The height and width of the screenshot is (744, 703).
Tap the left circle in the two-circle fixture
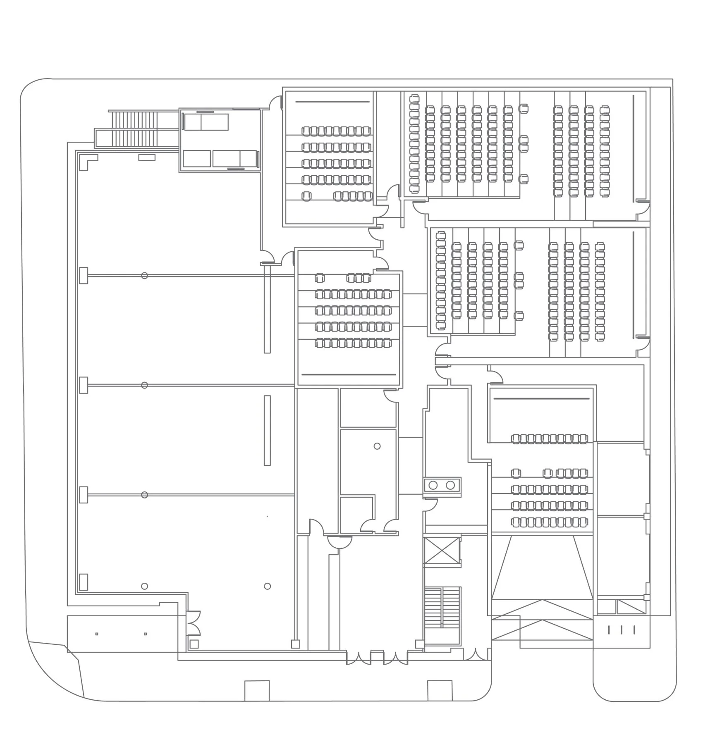[x=433, y=485]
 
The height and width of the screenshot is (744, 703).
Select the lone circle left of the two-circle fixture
[x=377, y=446]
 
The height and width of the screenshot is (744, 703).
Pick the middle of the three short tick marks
[x=622, y=630]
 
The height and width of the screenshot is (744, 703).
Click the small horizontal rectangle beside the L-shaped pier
[x=147, y=157]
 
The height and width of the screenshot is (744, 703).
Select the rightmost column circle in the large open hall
[x=267, y=586]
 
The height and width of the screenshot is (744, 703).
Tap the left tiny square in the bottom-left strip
[x=97, y=634]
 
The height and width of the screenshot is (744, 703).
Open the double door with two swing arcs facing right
[x=193, y=623]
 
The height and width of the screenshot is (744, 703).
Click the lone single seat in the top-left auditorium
[x=306, y=196]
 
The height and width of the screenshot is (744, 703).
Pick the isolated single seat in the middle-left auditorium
[x=320, y=277]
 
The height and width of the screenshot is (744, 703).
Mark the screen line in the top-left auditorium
[x=332, y=102]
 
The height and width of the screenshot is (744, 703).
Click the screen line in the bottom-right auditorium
[x=541, y=399]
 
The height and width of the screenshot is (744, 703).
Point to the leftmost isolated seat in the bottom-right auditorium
[x=516, y=473]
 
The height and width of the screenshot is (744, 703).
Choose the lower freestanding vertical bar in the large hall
[x=267, y=430]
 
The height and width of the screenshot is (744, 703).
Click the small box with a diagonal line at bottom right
[x=631, y=606]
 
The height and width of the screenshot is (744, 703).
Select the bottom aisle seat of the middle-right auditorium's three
[x=519, y=316]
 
